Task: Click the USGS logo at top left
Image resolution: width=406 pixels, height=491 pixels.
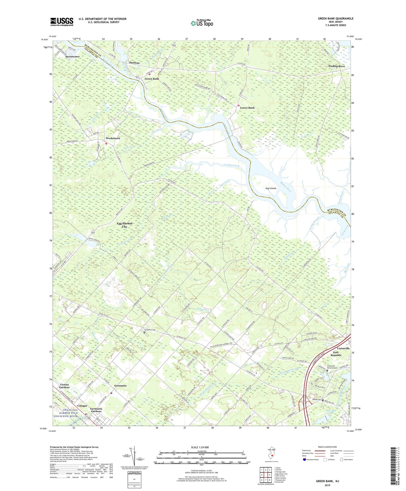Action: click(x=62, y=21)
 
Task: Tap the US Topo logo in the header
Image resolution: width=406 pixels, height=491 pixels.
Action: click(x=201, y=23)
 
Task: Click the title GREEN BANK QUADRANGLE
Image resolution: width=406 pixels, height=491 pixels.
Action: click(x=335, y=19)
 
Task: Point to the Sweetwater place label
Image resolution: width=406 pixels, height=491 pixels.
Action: click(x=72, y=57)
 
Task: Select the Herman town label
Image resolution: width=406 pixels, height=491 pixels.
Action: click(x=134, y=63)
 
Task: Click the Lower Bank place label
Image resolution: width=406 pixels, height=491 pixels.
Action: click(x=247, y=108)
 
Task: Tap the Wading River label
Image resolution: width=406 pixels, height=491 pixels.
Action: click(x=336, y=66)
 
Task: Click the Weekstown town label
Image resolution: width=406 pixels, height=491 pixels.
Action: click(x=113, y=138)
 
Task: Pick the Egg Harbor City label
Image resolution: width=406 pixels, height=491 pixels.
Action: click(x=124, y=225)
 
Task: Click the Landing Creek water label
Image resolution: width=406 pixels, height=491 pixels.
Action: click(x=231, y=165)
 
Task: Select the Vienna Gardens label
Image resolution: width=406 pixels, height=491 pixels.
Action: click(x=64, y=386)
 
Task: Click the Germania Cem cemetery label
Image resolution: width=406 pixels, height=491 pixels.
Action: click(x=150, y=330)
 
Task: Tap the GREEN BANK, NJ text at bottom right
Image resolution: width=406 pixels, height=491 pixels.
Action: click(x=327, y=481)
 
